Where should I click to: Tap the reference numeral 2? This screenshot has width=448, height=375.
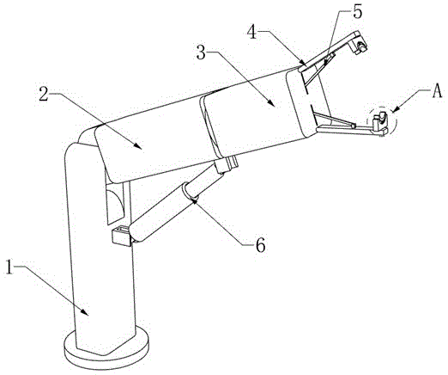(x=44, y=94)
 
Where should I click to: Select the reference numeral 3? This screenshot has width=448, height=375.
(x=202, y=52)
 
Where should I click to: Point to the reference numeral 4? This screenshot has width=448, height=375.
(x=252, y=32)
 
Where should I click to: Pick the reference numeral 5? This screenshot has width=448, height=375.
(x=357, y=11)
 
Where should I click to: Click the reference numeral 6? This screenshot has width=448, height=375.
(x=260, y=245)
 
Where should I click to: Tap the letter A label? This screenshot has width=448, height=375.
(x=437, y=92)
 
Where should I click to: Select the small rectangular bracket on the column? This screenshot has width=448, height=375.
(x=122, y=236)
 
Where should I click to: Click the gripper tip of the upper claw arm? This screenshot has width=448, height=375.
(x=360, y=46)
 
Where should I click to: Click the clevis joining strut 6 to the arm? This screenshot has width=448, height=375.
(x=227, y=165)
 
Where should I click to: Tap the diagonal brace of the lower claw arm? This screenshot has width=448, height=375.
(x=335, y=120)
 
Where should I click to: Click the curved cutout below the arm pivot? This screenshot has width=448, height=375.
(x=115, y=204)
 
